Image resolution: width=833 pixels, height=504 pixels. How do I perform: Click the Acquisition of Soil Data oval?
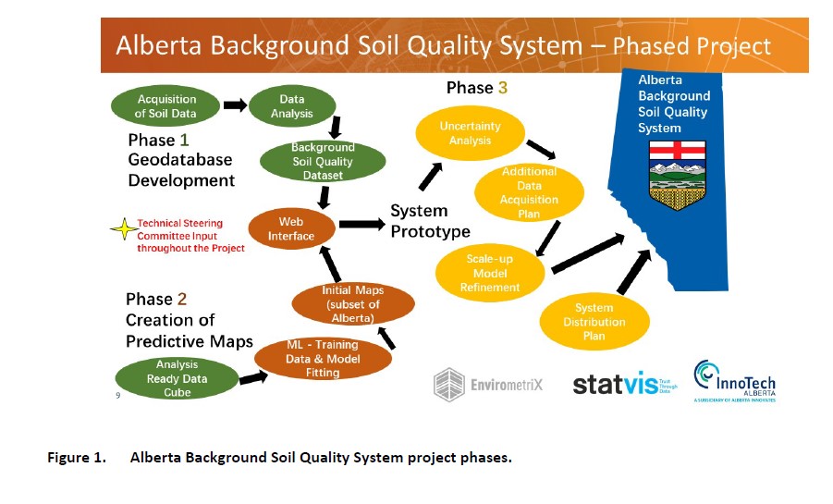166,106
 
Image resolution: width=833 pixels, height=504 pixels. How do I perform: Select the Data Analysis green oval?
291,106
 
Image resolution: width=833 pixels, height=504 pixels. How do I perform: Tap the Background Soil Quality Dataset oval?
322,161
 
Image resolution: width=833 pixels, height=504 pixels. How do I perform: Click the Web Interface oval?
290,228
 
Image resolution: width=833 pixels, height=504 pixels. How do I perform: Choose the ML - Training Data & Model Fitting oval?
322,358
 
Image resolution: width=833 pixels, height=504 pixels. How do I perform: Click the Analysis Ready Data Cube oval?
176,377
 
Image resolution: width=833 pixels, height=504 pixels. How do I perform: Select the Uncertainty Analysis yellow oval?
470,133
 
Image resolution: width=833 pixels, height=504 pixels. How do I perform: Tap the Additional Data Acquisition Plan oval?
529,192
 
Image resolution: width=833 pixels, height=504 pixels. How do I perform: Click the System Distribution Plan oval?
594,321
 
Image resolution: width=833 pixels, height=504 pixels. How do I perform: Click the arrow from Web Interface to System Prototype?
361,224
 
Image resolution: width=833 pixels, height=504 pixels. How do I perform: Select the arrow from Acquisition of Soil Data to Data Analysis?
235,105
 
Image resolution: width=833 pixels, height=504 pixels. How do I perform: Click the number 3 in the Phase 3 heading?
503,88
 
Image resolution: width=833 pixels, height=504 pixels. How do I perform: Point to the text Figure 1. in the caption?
78,458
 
